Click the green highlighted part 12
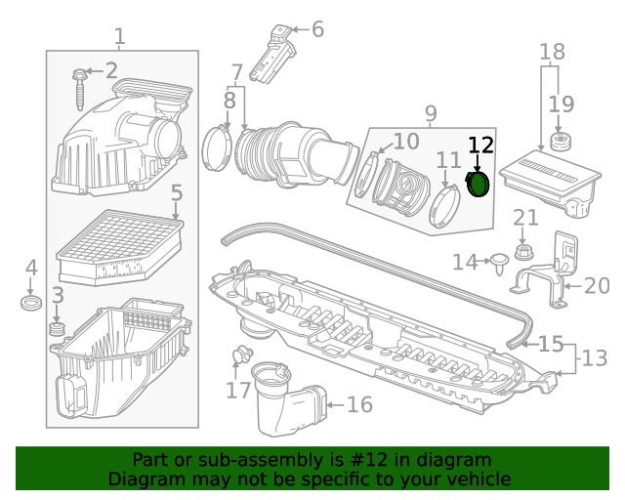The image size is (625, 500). pyautogui.click(x=479, y=184)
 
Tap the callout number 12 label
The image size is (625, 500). pyautogui.click(x=480, y=146)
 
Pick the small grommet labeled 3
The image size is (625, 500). pyautogui.click(x=58, y=335)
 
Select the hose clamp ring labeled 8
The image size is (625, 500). pyautogui.click(x=216, y=148)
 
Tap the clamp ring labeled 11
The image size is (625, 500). pyautogui.click(x=445, y=208)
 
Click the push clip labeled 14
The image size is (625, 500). pyautogui.click(x=499, y=261)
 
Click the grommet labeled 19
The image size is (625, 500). pyautogui.click(x=561, y=142)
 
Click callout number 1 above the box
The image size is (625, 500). pyautogui.click(x=119, y=37)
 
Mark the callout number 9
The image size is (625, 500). pyautogui.click(x=431, y=113)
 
